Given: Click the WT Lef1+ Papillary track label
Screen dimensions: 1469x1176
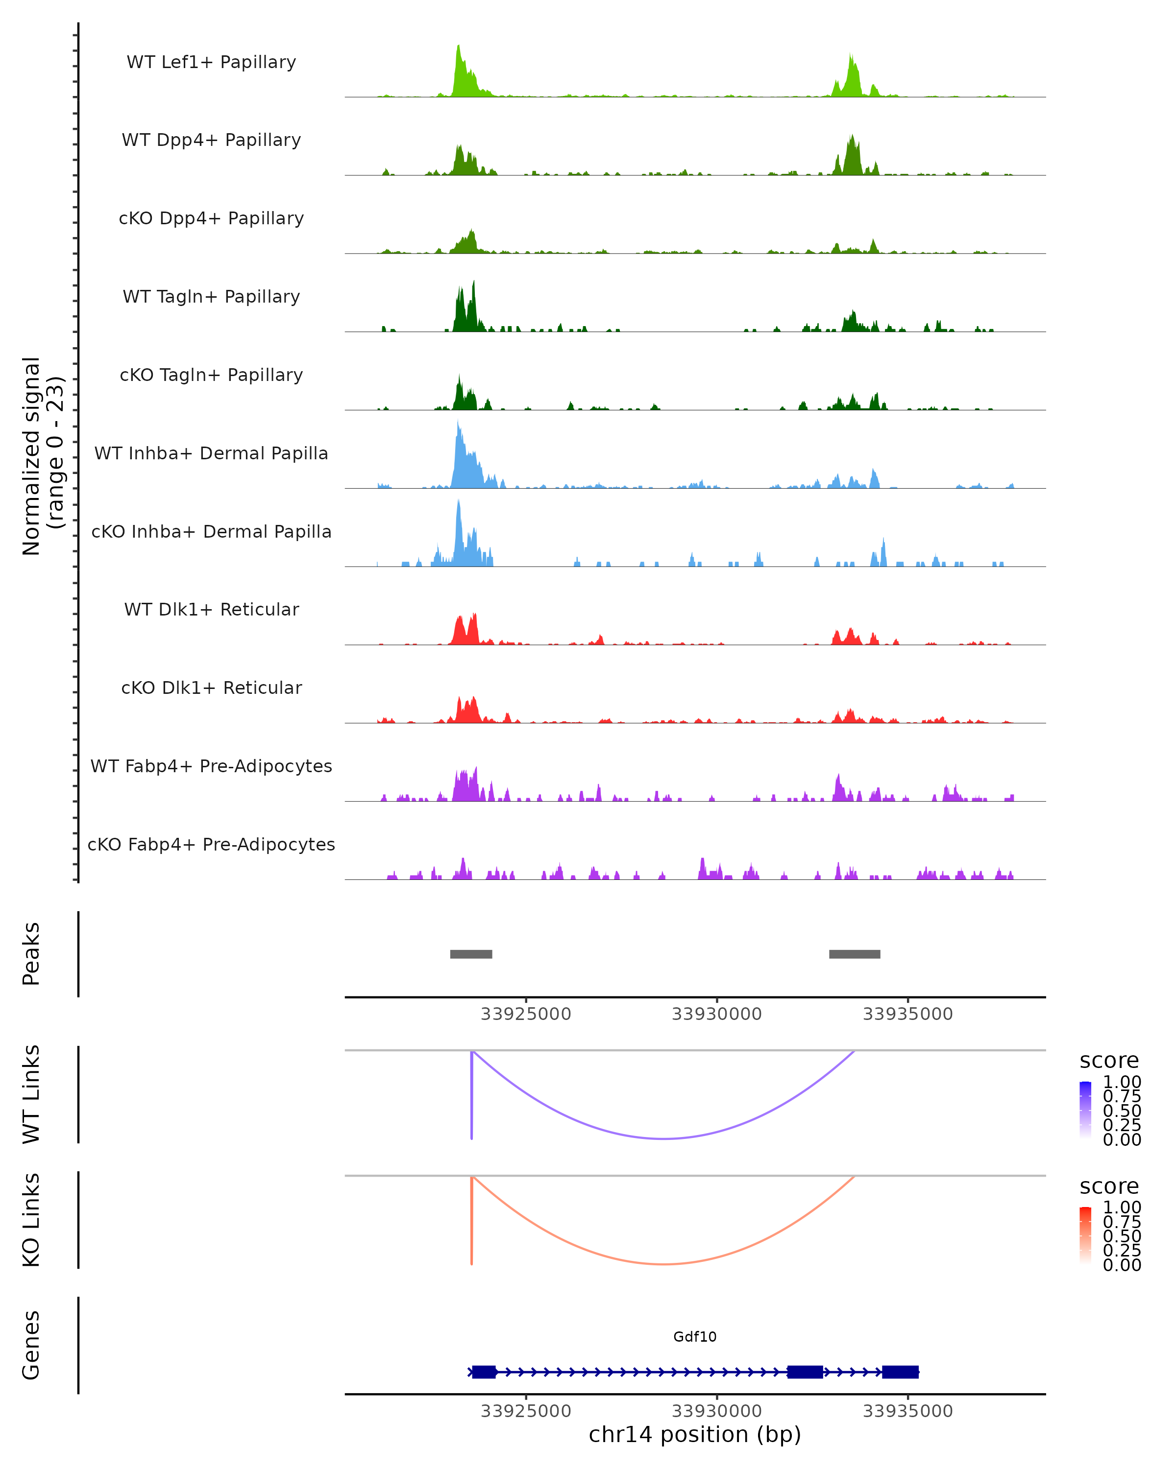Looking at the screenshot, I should tap(211, 62).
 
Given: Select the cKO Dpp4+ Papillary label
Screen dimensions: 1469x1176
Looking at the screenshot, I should tap(211, 219).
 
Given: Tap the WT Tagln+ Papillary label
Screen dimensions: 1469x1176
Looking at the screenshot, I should tap(211, 297).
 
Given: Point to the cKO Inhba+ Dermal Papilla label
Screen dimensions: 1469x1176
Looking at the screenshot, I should tap(211, 532).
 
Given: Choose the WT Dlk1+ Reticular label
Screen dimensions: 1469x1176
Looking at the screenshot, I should tap(211, 610).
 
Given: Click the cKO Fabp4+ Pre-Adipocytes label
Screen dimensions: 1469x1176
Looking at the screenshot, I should tap(211, 845).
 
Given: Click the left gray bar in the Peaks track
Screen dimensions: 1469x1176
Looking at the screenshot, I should tap(471, 954).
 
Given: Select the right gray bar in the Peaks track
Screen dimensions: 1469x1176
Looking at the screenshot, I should tap(854, 954).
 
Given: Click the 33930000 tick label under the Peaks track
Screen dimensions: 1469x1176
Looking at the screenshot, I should tap(716, 1014).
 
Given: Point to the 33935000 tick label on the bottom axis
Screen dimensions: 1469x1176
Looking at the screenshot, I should tap(907, 1411).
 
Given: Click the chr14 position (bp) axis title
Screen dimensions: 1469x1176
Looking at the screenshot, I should tap(695, 1435).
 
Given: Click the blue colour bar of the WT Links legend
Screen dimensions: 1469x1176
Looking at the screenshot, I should tap(1085, 1110).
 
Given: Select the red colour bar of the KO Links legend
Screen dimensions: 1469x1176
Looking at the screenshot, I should tap(1085, 1235).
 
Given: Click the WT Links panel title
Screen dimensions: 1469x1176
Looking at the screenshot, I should tap(31, 1093).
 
